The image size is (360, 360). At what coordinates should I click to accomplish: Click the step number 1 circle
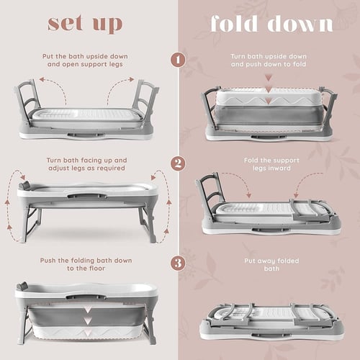point(178,60)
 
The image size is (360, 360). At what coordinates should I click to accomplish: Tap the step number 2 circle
point(178,163)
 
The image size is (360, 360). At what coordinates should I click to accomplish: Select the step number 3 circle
point(178,264)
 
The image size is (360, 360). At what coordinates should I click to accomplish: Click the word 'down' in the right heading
point(300,23)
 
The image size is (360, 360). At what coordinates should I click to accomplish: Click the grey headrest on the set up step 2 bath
point(24,185)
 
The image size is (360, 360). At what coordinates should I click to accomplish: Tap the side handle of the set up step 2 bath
point(87,196)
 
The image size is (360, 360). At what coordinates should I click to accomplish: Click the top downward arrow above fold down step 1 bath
point(269,78)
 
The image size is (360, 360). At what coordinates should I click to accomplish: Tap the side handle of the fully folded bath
point(270,336)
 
